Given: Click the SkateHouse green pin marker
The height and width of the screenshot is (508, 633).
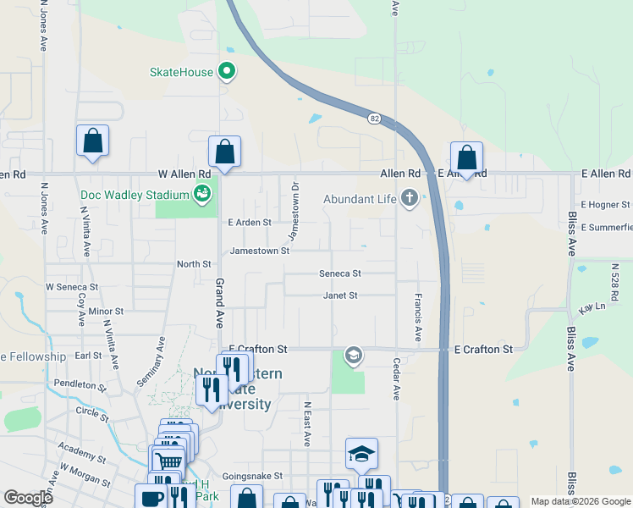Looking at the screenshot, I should pyautogui.click(x=227, y=71).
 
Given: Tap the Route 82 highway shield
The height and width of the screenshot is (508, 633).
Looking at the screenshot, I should pyautogui.click(x=374, y=119).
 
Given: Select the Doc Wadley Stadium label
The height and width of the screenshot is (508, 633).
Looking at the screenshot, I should pyautogui.click(x=134, y=196).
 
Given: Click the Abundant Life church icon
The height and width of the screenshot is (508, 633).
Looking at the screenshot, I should pyautogui.click(x=410, y=200).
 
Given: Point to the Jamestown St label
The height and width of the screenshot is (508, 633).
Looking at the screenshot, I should pyautogui.click(x=259, y=251).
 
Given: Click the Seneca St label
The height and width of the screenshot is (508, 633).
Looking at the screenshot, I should pyautogui.click(x=339, y=273).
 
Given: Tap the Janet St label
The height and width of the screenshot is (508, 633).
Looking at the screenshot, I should pyautogui.click(x=340, y=295).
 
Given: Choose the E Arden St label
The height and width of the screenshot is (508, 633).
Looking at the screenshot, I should pyautogui.click(x=250, y=223).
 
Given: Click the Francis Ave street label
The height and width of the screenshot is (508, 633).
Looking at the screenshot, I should pyautogui.click(x=418, y=317).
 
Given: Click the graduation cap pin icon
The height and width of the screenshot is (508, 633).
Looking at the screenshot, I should pyautogui.click(x=361, y=455).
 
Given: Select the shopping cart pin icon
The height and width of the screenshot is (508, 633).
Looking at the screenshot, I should pyautogui.click(x=168, y=461).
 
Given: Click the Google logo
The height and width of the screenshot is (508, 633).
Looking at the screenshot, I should pyautogui.click(x=28, y=498).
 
